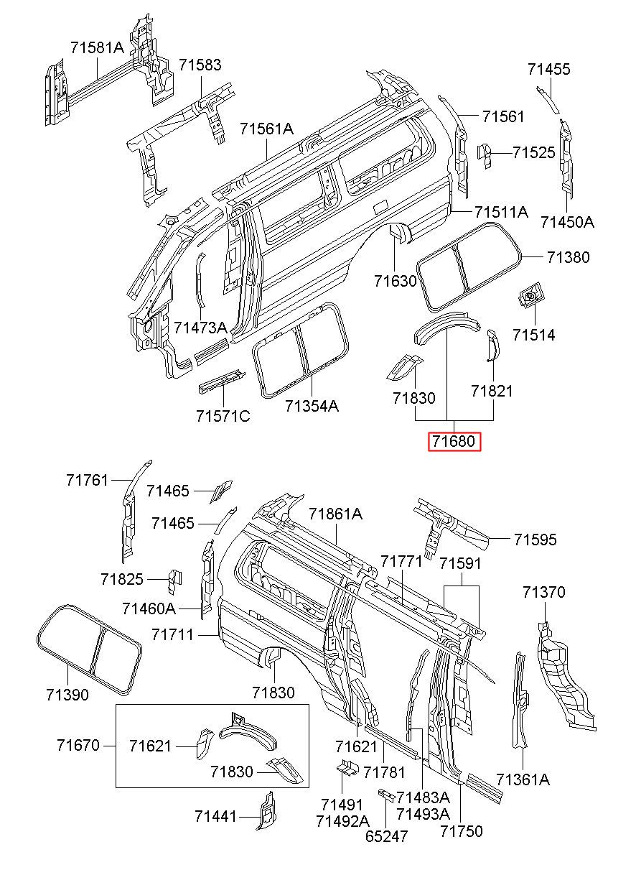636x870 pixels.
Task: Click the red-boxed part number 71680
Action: pyautogui.click(x=454, y=441)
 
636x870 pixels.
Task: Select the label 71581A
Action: pyautogui.click(x=97, y=47)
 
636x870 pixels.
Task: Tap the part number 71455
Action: pyautogui.click(x=548, y=69)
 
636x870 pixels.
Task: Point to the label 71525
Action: pyautogui.click(x=533, y=152)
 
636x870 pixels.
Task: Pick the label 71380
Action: pyautogui.click(x=568, y=257)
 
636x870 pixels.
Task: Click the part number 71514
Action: pyautogui.click(x=533, y=335)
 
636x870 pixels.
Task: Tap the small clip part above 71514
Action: pyautogui.click(x=530, y=296)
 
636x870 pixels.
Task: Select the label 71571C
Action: pyautogui.click(x=223, y=417)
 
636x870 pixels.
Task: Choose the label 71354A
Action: pyautogui.click(x=312, y=406)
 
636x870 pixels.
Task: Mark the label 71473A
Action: pyautogui.click(x=200, y=328)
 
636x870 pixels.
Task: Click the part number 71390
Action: pyautogui.click(x=67, y=695)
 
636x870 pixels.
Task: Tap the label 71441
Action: pyautogui.click(x=215, y=817)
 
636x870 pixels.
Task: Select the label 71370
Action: pyautogui.click(x=543, y=592)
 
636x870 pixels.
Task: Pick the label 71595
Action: pyautogui.click(x=535, y=540)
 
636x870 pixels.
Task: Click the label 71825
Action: pyautogui.click(x=122, y=580)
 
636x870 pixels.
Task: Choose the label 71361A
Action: pyautogui.click(x=523, y=779)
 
